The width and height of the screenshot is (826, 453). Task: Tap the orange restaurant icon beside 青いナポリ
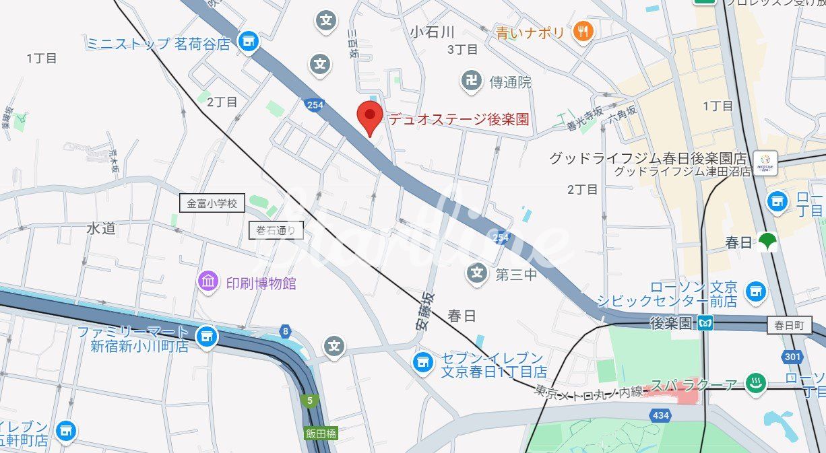[583, 31]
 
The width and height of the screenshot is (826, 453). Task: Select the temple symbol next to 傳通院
[472, 81]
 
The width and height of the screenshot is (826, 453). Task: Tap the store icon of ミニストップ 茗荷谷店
[249, 42]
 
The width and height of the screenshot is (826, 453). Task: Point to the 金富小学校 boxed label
[212, 203]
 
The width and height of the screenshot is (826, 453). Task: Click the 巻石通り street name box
[276, 231]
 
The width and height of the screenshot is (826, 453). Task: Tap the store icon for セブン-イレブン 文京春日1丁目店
[423, 362]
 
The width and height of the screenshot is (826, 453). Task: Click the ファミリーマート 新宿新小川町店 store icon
[206, 337]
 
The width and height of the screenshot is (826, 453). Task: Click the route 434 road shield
[661, 415]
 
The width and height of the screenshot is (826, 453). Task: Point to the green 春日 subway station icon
[767, 242]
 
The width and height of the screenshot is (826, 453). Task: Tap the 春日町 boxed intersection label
[789, 325]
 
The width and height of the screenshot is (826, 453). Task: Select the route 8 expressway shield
[286, 330]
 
